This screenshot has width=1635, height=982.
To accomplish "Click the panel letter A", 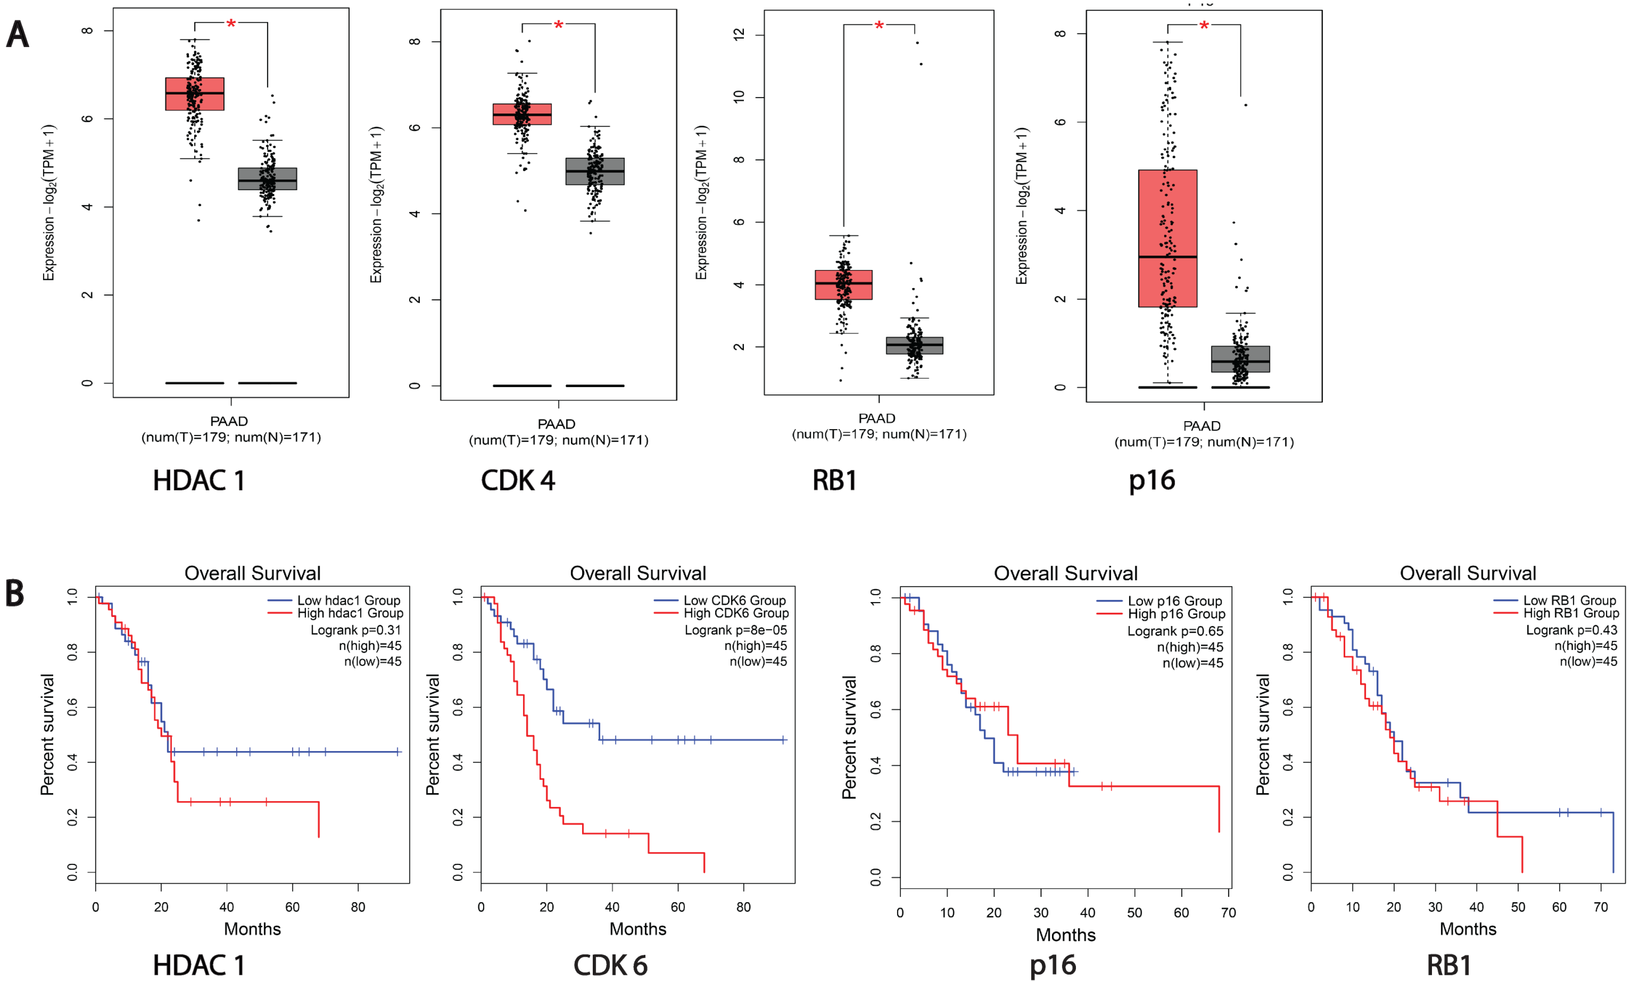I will click(x=18, y=35).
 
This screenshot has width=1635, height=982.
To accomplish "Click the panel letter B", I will click(x=15, y=594).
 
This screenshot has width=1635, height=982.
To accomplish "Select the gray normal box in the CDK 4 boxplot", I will click(x=595, y=172).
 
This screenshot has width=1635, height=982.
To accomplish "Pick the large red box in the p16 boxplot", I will click(x=1167, y=238).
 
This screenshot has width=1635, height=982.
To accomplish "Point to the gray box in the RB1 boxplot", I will click(x=915, y=345).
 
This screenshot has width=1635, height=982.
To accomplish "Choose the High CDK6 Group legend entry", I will click(x=735, y=613).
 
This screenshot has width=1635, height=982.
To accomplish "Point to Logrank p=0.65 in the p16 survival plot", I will click(x=1175, y=631).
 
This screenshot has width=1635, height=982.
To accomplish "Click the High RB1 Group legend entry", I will click(x=1571, y=613).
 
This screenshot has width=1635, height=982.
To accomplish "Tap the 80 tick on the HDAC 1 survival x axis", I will click(x=358, y=907).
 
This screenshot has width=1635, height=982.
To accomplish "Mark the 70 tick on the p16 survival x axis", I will click(x=1228, y=912).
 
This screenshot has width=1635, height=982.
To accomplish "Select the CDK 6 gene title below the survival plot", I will click(x=610, y=966).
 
